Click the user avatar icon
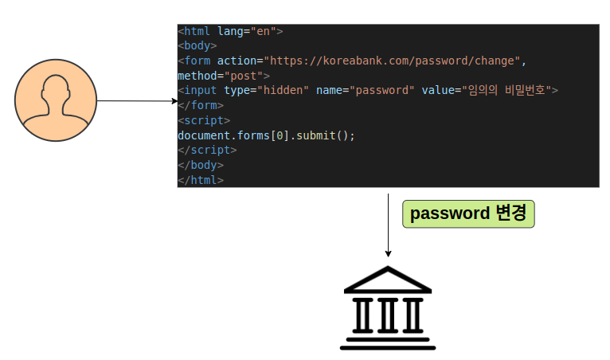(55, 101)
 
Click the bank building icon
(388, 308)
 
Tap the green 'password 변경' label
(468, 213)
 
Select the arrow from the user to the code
(135, 101)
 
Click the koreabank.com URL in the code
(393, 61)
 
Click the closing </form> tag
(200, 105)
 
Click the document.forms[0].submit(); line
(266, 135)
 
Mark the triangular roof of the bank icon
(388, 280)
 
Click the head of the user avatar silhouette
(55, 90)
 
